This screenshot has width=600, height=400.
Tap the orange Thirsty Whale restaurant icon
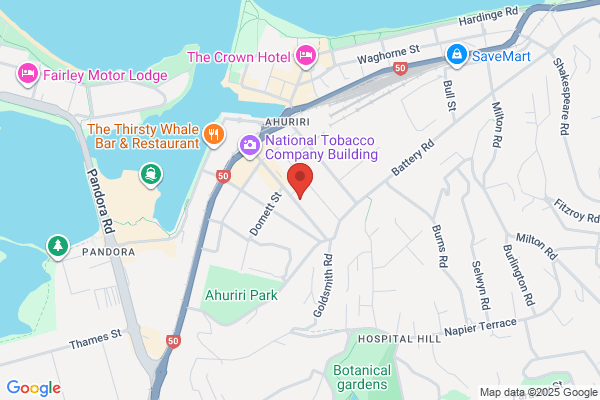tap(213, 135)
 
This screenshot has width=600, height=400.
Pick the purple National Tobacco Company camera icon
tap(249, 146)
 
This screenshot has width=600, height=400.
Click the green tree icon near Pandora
tap(57, 245)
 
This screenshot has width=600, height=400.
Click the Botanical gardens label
tap(361, 377)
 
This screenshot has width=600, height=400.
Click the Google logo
tap(33, 387)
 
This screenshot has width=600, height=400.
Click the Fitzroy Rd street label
tap(578, 210)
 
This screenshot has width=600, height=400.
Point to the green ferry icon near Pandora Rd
tap(152, 176)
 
